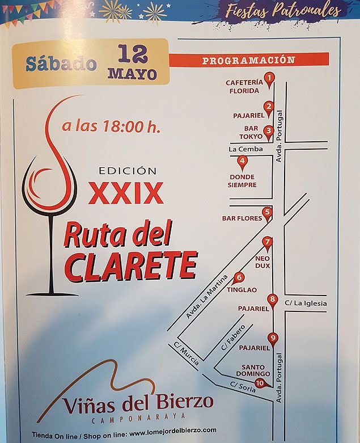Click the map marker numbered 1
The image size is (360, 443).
click(270, 78)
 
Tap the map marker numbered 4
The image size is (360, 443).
click(242, 161)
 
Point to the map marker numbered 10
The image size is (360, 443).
click(260, 383)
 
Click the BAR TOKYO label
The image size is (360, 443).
click(250, 132)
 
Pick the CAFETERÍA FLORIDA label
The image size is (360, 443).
click(244, 86)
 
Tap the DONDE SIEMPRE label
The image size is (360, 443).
click(242, 181)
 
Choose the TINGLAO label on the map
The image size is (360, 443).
click(242, 290)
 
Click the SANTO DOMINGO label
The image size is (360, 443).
click(253, 370)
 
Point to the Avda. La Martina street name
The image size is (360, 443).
click(207, 297)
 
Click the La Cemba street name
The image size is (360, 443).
click(245, 149)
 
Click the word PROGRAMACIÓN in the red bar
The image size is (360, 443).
click(249, 60)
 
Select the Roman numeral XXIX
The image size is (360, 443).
click(126, 193)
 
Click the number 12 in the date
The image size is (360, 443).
click(133, 54)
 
